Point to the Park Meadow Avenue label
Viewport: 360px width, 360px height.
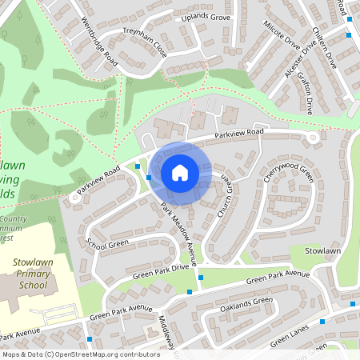coord(177,233)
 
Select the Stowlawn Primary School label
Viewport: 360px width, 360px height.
coord(33,273)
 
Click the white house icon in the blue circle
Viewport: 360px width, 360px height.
coord(180,172)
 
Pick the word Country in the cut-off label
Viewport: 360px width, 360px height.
coord(14,218)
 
